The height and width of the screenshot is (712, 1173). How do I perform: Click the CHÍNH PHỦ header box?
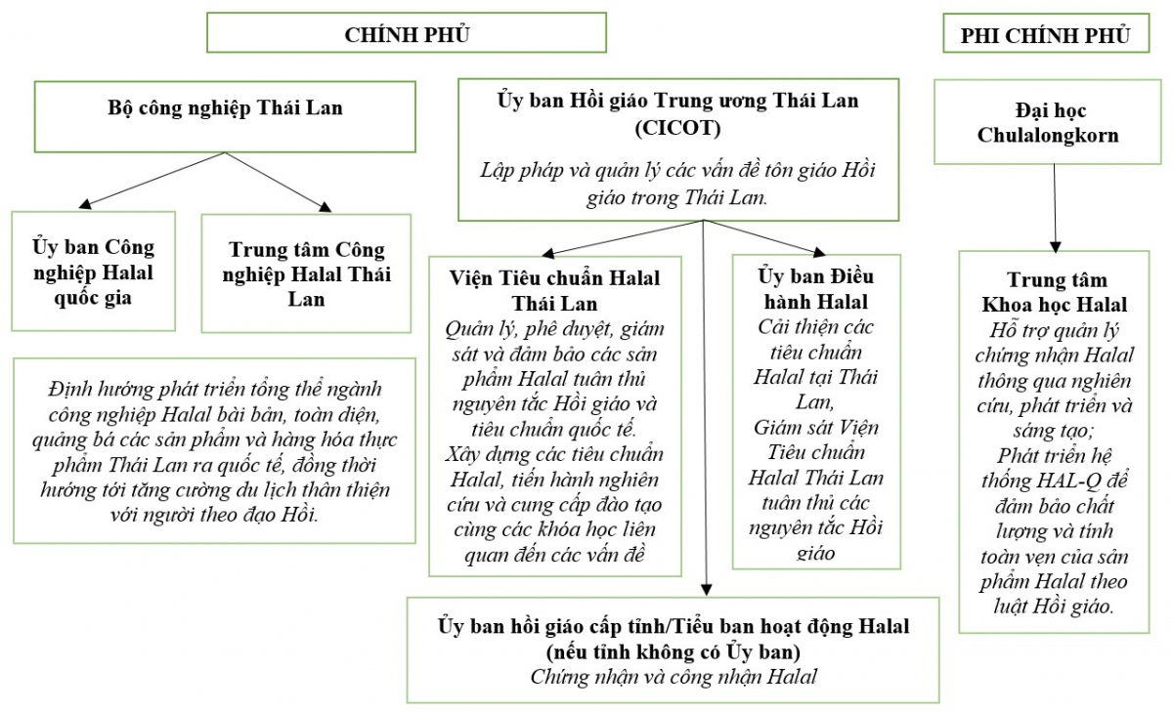tap(407, 34)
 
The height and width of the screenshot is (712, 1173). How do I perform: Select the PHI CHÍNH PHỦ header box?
tap(1045, 35)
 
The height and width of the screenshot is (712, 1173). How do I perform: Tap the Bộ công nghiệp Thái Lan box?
tap(225, 108)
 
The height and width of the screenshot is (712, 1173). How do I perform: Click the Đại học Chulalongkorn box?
tap(1047, 123)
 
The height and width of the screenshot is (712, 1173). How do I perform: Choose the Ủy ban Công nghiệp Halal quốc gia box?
tap(94, 272)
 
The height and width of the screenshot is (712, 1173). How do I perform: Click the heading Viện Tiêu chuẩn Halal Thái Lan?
tap(554, 290)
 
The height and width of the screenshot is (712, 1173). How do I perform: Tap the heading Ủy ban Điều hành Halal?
tap(815, 288)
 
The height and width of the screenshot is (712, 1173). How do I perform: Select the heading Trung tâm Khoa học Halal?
tap(1054, 292)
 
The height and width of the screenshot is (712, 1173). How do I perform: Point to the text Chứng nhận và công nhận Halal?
tap(673, 676)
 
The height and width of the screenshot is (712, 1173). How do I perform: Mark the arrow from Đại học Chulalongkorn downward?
tap(1055, 205)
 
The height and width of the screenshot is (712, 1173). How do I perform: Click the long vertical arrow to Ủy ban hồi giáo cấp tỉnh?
tap(704, 410)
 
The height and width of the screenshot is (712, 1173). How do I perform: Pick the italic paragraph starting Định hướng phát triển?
tap(213, 450)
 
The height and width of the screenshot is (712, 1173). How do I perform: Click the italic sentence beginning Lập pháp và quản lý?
tap(677, 183)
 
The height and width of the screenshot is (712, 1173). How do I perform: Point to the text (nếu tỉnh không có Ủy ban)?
tap(673, 650)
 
